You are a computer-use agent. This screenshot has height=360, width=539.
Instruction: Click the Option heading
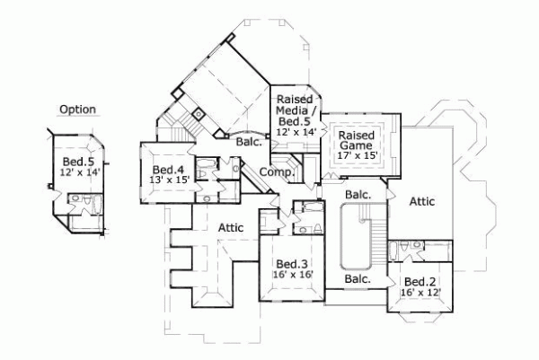coord(77,110)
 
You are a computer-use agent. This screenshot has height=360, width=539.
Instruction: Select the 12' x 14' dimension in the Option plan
coord(77,171)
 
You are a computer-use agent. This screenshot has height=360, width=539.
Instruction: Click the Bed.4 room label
coord(168,170)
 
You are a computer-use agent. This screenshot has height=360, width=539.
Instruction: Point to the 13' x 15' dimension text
coord(168,180)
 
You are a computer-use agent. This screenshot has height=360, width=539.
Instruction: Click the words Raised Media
coord(293,104)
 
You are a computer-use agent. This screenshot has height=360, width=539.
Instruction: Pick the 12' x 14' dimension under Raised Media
coord(294,131)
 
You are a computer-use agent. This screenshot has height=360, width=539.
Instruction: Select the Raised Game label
coord(357,141)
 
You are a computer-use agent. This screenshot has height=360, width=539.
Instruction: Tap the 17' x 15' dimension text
coord(357,156)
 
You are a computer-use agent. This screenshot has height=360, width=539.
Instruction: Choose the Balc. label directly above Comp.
coord(249,142)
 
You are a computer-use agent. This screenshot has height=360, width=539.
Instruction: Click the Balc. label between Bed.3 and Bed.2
coord(358,279)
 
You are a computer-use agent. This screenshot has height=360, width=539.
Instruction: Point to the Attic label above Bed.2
coord(421,202)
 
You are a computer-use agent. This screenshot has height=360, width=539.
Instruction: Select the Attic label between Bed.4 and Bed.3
coord(232,228)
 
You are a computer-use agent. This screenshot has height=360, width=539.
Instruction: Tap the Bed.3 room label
coord(292,263)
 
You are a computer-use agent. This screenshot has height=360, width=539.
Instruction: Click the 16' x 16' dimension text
coord(292,275)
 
